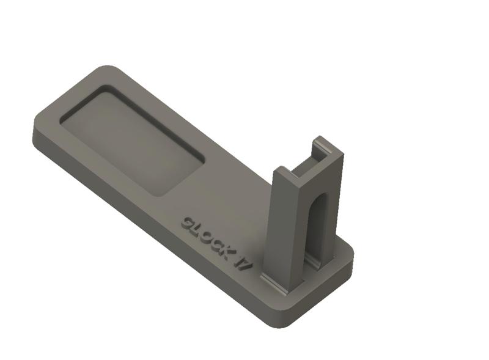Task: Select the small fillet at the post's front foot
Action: pos(275,282)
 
